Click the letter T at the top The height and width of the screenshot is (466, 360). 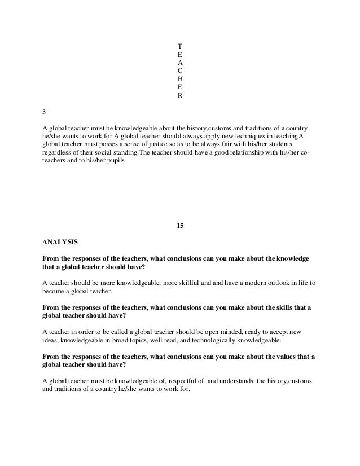pos(179,45)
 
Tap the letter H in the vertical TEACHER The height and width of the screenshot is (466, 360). pos(179,79)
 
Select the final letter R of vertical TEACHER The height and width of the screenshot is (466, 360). pos(179,96)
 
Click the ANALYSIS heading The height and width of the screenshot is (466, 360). pos(61,243)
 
